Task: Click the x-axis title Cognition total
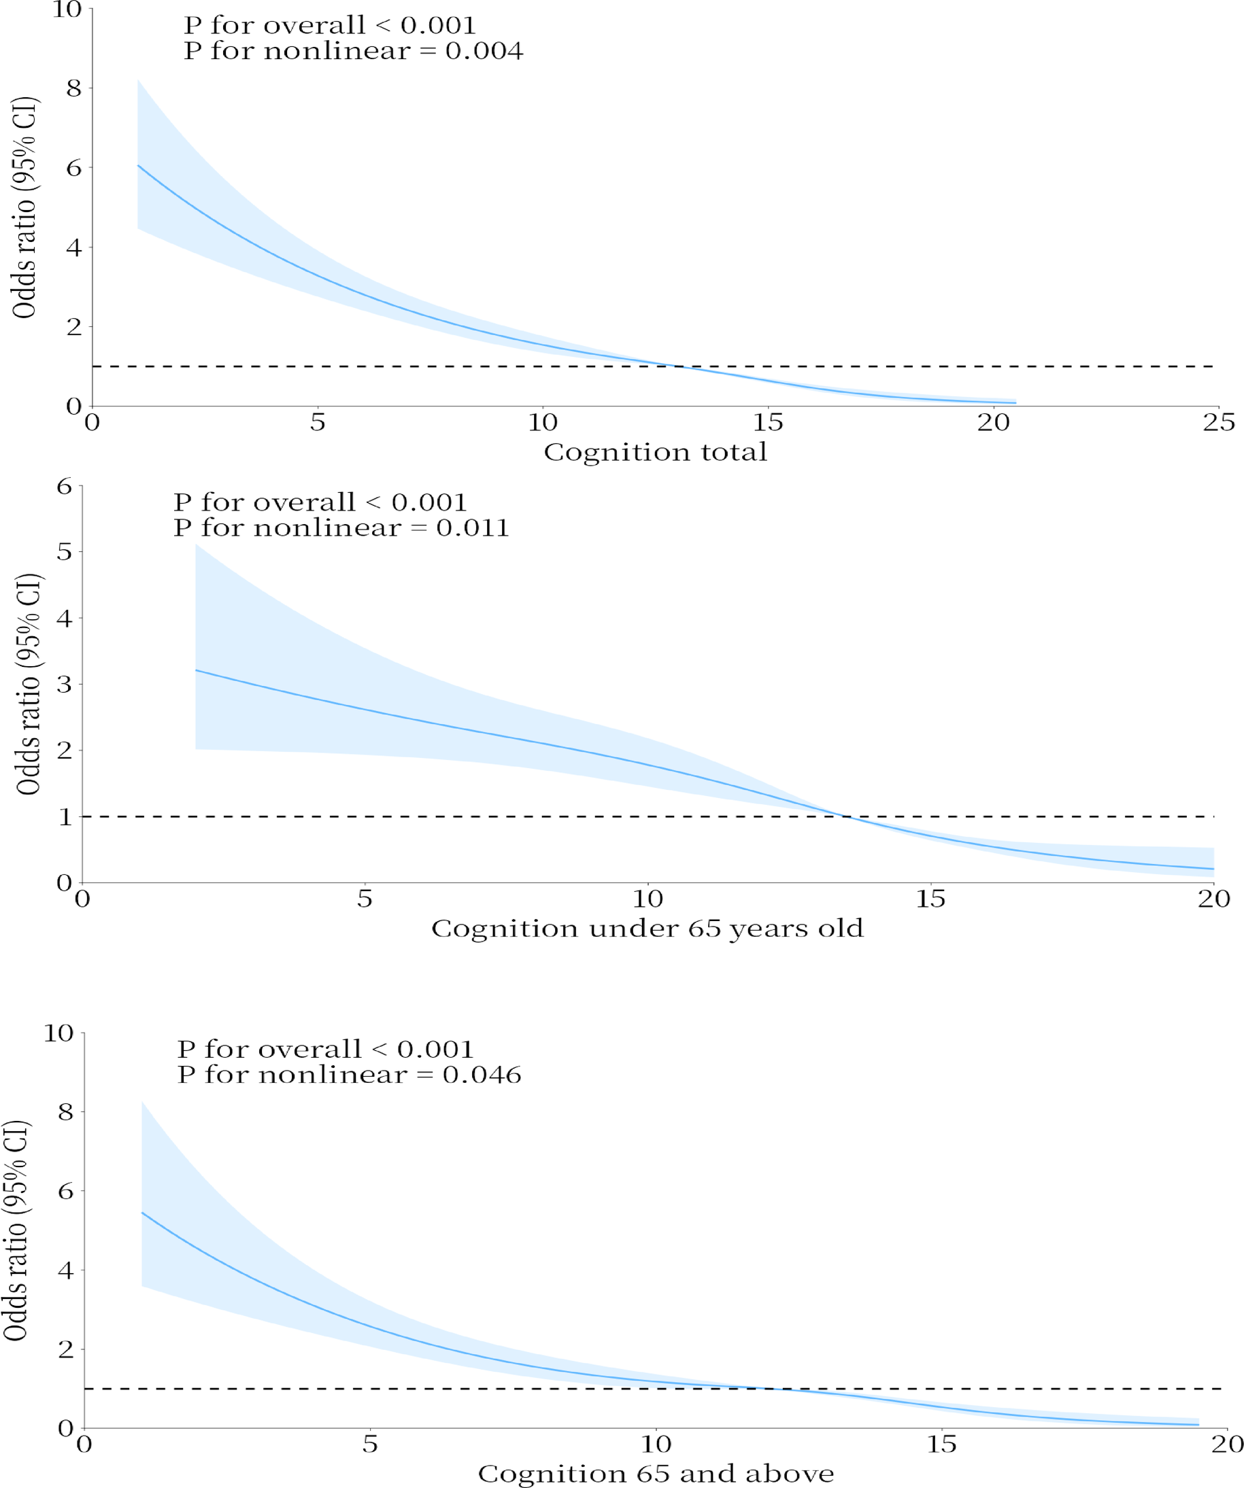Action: [x=655, y=451]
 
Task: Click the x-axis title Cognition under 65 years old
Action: [x=647, y=929]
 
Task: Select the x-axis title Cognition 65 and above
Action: [x=656, y=1474]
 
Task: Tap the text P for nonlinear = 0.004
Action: [x=353, y=51]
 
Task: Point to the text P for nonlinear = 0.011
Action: [x=341, y=528]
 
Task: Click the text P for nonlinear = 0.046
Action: [x=349, y=1075]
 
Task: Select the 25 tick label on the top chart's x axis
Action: [x=1218, y=423]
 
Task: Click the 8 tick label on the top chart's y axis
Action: [x=73, y=88]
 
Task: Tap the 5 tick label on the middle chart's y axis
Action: [x=65, y=552]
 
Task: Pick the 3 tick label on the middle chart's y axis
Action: [x=65, y=685]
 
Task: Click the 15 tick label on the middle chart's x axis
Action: [x=930, y=899]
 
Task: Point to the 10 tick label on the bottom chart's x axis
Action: [x=655, y=1443]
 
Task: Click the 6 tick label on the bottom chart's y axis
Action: [x=65, y=1191]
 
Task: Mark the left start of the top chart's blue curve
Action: [x=138, y=165]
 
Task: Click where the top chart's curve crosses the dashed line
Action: [x=679, y=366]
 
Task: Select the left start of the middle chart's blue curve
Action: [x=196, y=670]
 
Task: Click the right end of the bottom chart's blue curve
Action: [x=1198, y=1424]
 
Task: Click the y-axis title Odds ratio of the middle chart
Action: [x=29, y=684]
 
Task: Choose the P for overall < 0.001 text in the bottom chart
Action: [x=324, y=1050]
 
